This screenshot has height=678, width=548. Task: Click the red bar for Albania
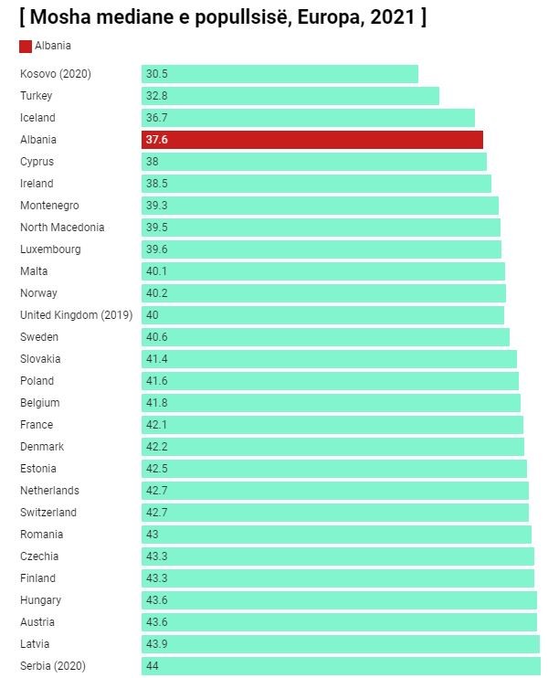click(311, 140)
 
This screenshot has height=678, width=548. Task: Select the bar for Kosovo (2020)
click(279, 74)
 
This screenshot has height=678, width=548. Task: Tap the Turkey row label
click(37, 96)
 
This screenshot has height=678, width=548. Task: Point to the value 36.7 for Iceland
click(157, 118)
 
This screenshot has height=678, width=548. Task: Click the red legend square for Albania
click(26, 46)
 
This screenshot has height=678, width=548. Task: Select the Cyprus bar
click(314, 162)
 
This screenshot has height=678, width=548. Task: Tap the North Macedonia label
click(62, 228)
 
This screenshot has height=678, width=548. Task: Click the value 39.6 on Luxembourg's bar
click(157, 249)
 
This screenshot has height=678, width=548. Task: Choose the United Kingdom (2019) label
click(76, 315)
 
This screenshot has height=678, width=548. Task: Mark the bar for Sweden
click(325, 337)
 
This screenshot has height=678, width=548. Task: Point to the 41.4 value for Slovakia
click(157, 359)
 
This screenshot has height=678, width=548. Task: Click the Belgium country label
click(40, 403)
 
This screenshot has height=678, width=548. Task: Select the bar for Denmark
click(332, 447)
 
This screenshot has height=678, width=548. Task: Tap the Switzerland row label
click(48, 513)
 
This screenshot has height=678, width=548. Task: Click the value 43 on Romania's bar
click(152, 535)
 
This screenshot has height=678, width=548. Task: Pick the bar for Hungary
click(339, 600)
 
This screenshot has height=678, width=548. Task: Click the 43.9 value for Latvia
click(157, 644)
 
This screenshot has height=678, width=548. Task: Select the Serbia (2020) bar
click(341, 666)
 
